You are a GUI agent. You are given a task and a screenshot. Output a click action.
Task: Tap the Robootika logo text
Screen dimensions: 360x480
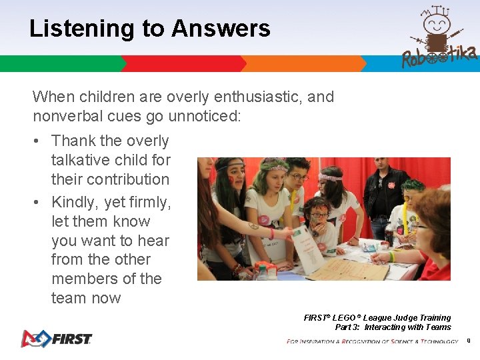pyautogui.click(x=439, y=57)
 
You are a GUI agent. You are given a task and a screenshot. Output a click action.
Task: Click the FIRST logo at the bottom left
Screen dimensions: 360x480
pyautogui.click(x=56, y=338)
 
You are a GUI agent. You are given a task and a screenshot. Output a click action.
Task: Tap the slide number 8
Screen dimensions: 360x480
pyautogui.click(x=469, y=341)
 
